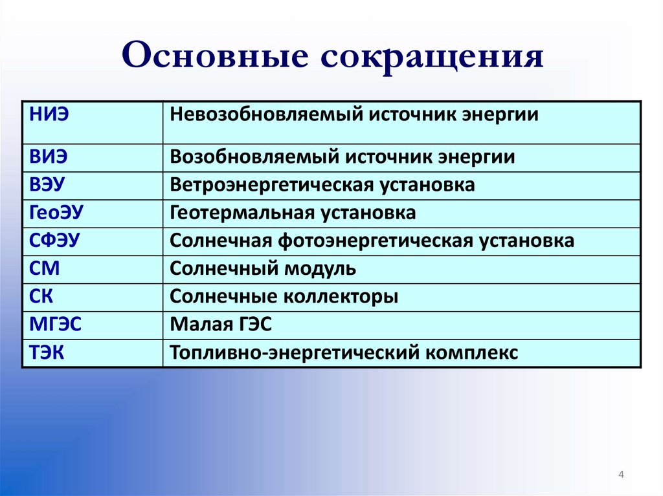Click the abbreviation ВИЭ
point(48,157)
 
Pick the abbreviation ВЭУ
point(47,185)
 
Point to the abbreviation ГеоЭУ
point(56,213)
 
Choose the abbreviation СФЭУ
point(54,241)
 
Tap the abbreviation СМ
point(45,269)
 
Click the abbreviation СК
point(41,297)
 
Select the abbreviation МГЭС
point(55,325)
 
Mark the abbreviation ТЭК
point(47,352)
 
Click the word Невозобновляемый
point(266,115)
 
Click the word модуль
point(320,270)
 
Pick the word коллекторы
point(341,297)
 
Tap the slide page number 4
point(621,475)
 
